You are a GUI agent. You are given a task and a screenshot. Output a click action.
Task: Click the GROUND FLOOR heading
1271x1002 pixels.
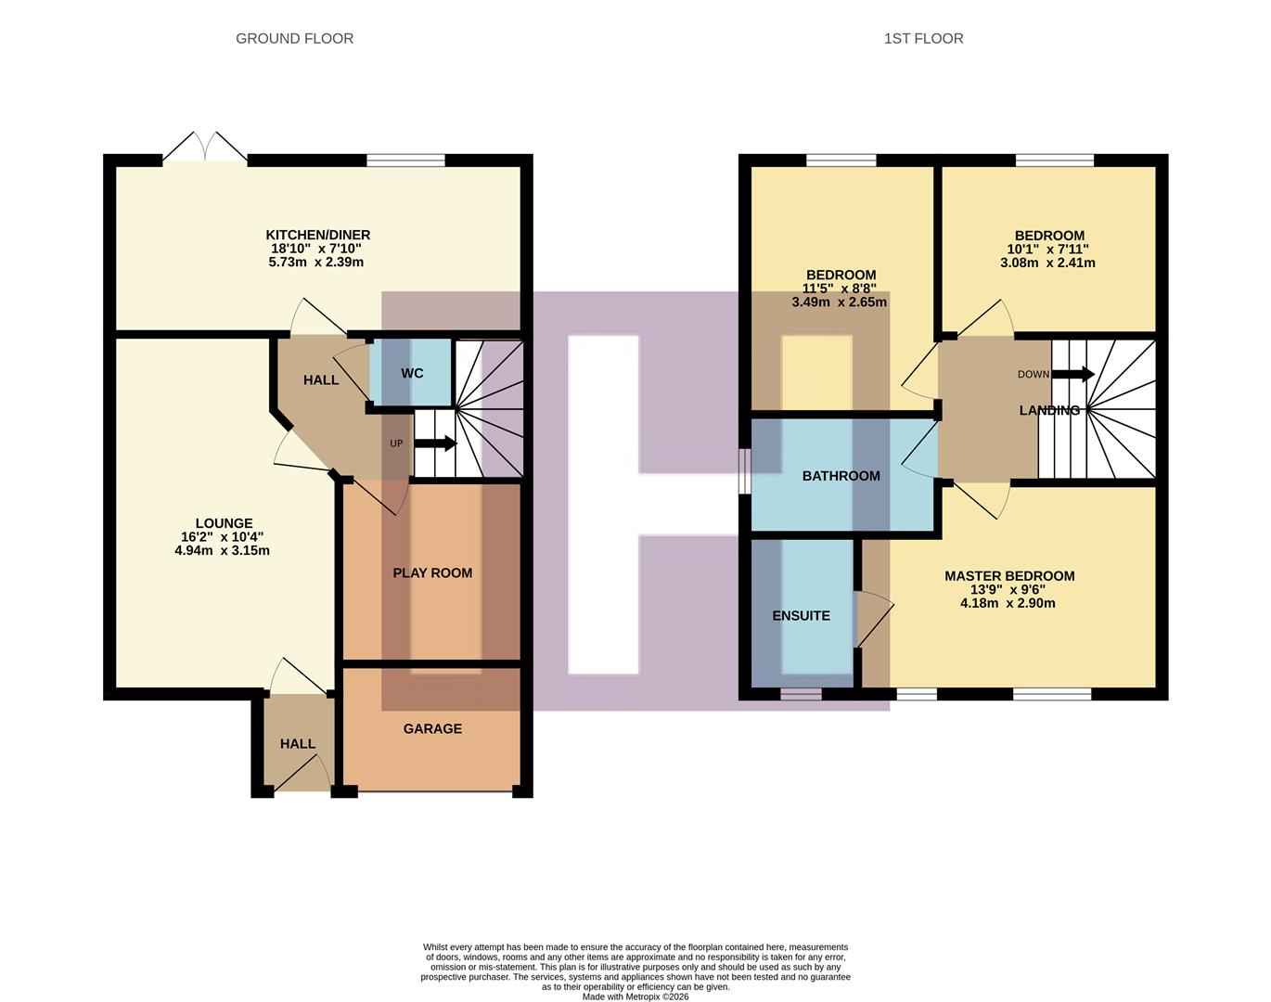(x=294, y=38)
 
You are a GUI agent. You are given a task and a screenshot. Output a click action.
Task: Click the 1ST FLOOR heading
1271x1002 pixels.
(x=923, y=38)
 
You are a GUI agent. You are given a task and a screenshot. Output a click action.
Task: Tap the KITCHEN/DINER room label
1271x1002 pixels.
(x=317, y=235)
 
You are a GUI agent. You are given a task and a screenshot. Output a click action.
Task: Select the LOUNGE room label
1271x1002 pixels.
(x=224, y=523)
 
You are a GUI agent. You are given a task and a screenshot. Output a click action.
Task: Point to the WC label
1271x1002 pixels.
(x=412, y=373)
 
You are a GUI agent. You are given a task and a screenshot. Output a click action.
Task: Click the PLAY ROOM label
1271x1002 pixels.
(x=432, y=572)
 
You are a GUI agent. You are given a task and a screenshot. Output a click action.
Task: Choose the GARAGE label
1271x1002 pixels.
(x=432, y=728)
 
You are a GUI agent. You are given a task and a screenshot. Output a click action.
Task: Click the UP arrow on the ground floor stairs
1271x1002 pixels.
(x=435, y=443)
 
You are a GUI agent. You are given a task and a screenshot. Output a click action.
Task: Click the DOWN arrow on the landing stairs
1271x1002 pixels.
(x=1073, y=375)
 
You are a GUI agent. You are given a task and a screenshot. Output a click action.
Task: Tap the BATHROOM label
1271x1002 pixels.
(x=841, y=476)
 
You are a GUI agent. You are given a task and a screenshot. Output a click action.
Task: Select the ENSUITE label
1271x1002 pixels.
(x=801, y=615)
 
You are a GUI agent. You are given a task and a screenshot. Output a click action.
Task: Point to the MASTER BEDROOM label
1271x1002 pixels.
(x=1009, y=576)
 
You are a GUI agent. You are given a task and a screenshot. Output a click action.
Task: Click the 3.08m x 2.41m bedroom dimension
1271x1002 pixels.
(x=1047, y=263)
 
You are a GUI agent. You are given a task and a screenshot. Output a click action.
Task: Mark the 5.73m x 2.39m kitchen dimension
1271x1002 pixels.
(x=315, y=263)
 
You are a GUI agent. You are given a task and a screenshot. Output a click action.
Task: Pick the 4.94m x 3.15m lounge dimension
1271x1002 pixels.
(x=222, y=550)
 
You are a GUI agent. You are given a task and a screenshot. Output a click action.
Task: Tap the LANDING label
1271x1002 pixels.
(x=1049, y=410)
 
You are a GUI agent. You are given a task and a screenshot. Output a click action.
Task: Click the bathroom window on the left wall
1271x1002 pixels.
(x=744, y=472)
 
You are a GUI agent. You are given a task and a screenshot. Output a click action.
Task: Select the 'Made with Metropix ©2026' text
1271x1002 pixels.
(x=635, y=996)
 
